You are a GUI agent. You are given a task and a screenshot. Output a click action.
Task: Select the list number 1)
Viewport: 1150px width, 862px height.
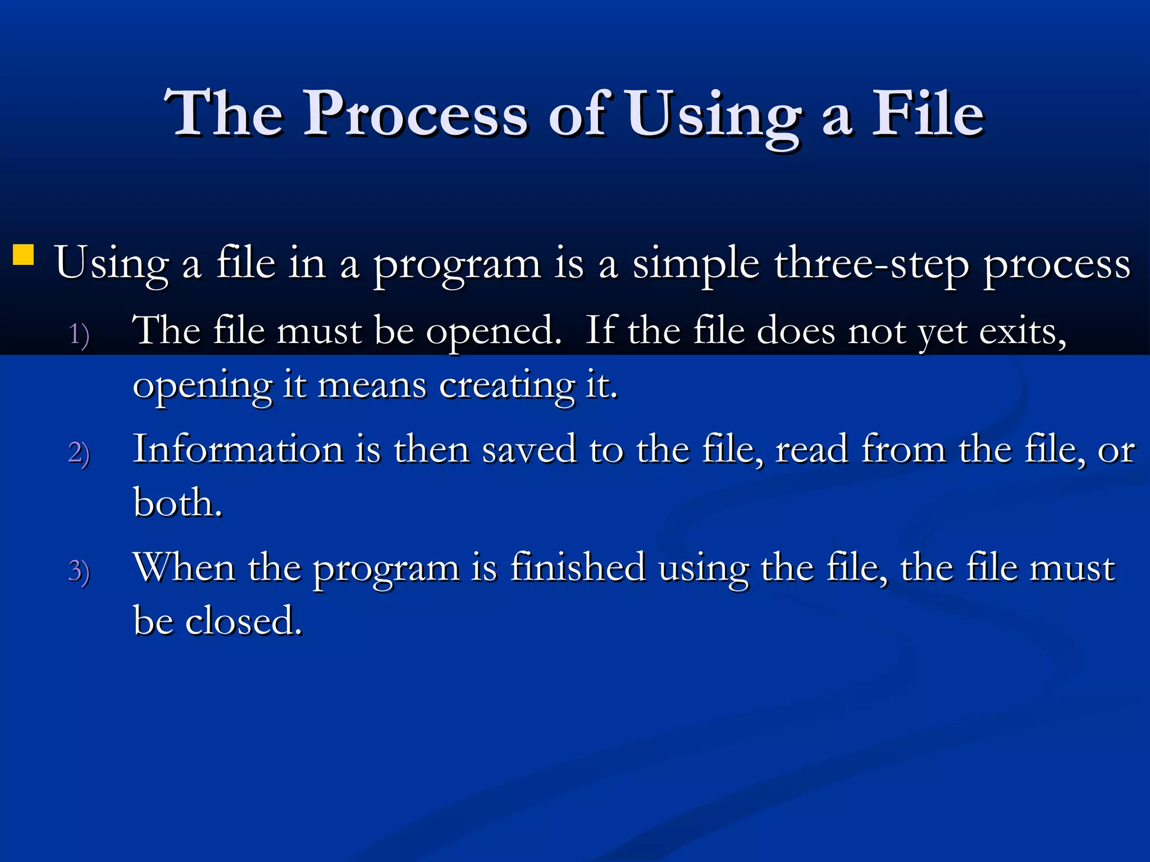click(79, 335)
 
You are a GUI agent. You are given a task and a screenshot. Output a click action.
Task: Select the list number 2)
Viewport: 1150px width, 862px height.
click(79, 453)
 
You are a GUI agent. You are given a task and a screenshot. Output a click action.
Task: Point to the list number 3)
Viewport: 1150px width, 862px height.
click(79, 571)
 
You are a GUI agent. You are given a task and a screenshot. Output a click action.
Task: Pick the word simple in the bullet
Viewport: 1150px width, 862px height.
click(696, 264)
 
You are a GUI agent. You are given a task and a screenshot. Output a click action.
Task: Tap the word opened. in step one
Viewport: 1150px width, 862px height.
click(494, 331)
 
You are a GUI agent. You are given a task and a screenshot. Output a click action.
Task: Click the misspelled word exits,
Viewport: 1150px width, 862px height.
click(1023, 331)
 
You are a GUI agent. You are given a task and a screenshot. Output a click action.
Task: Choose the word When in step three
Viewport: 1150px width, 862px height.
click(184, 567)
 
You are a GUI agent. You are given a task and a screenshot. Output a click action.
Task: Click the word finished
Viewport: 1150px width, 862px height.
click(578, 567)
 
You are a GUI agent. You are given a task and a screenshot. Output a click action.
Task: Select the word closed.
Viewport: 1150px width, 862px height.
click(244, 621)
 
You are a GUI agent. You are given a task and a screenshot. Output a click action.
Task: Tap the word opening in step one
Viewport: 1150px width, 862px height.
click(203, 386)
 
